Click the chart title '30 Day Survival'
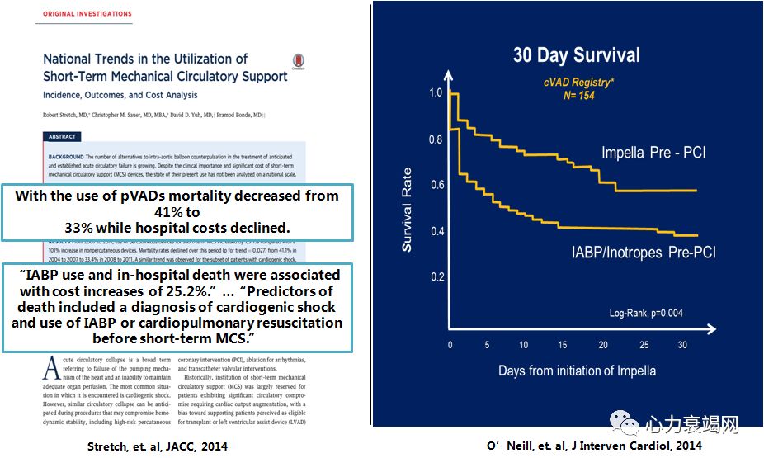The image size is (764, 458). pos(576,55)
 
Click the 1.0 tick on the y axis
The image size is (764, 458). pos(436,92)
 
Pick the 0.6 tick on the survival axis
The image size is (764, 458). pos(436,185)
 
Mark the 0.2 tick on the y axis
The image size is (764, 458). pos(436,276)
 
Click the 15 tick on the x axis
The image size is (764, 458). pos(562,344)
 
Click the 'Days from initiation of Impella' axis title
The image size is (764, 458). pos(577,371)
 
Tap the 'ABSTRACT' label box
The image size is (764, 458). pos(62,137)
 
